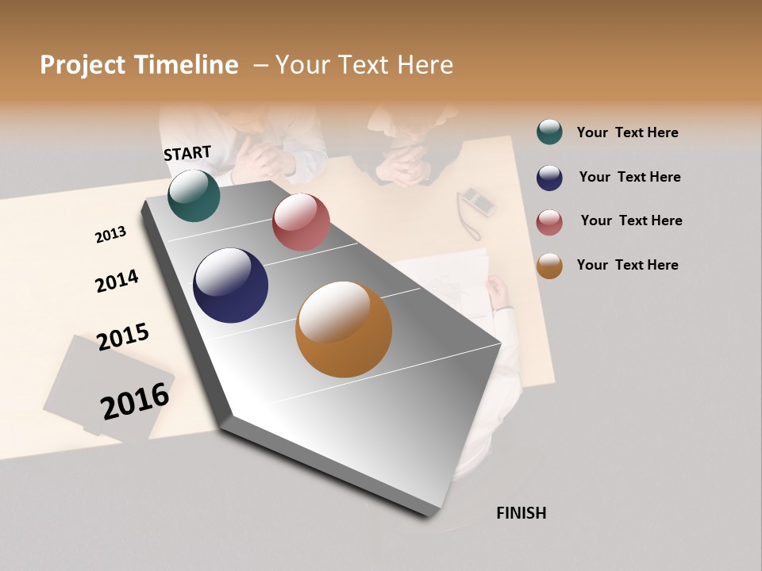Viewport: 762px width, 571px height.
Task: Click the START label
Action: point(187,153)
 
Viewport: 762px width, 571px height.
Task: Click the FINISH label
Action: point(521,513)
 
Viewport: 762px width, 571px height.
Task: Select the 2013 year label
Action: point(110,235)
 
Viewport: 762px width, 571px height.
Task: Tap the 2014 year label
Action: point(117,281)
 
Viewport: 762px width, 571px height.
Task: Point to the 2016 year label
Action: point(135,400)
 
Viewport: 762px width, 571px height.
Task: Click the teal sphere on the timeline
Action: point(194,195)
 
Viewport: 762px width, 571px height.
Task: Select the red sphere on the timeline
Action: point(301,222)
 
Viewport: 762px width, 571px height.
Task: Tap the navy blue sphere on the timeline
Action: point(230,285)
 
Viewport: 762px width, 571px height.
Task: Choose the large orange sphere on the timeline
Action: point(344,329)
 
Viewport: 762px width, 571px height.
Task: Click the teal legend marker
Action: point(549,132)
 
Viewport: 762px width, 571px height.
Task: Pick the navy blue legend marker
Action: point(549,178)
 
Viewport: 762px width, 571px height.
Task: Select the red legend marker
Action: point(549,222)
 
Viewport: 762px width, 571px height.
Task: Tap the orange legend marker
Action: point(549,266)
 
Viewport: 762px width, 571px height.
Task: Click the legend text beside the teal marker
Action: point(627,132)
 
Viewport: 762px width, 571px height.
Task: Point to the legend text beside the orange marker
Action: point(627,265)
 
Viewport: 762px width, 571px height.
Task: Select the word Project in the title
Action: point(83,65)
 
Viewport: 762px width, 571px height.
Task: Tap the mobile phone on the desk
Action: point(479,201)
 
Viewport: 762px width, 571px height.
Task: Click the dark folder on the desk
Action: point(95,381)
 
